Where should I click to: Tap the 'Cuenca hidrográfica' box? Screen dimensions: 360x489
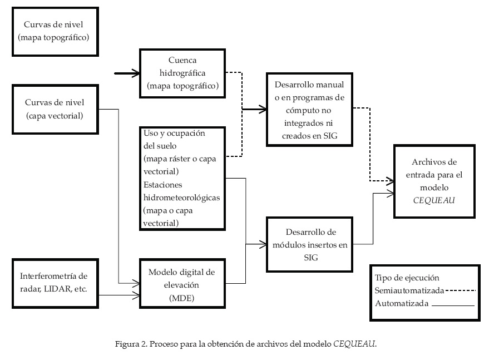click(182, 73)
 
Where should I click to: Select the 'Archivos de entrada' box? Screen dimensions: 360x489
click(434, 180)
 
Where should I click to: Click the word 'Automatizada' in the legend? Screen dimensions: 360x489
click(401, 304)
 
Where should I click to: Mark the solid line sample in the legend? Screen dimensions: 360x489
click(453, 305)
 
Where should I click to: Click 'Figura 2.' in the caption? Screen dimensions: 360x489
click(129, 343)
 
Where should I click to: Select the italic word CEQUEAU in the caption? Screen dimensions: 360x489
click(354, 343)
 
